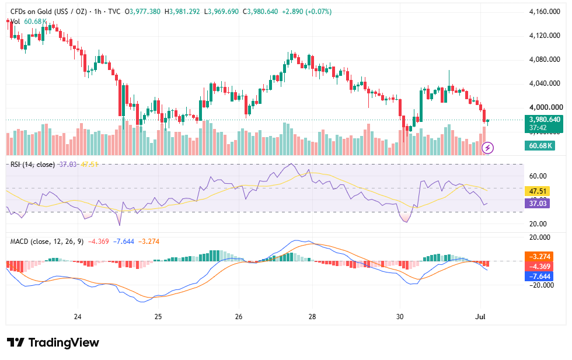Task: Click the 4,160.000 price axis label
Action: click(x=544, y=12)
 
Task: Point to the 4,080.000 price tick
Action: click(x=544, y=60)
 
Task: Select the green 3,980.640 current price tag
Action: click(x=543, y=124)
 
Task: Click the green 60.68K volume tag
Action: click(x=540, y=146)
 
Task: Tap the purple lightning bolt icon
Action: click(x=488, y=148)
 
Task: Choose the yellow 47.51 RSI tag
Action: click(x=537, y=191)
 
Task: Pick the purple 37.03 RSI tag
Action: click(x=537, y=203)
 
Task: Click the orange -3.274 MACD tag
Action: click(x=539, y=256)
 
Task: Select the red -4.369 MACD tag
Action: click(x=539, y=266)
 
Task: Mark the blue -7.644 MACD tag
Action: click(x=539, y=276)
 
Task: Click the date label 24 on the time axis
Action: click(x=77, y=317)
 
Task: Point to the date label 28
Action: click(x=312, y=317)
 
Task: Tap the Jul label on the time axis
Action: click(x=480, y=317)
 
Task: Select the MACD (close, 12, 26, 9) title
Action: click(x=47, y=242)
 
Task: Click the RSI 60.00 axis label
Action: click(x=538, y=176)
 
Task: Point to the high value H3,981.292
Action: click(x=182, y=12)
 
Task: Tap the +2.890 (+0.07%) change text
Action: click(x=307, y=12)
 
